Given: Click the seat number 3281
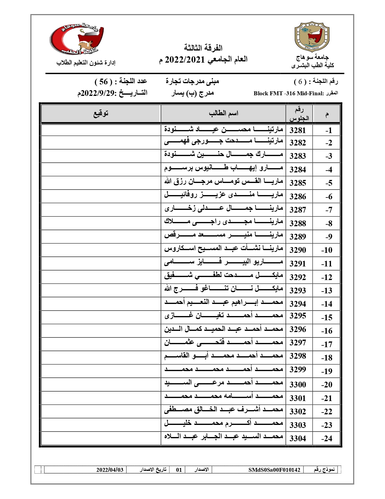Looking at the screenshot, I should click(x=297, y=130).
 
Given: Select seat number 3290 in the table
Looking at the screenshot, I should click(x=297, y=250).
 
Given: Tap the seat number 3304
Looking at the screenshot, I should click(x=297, y=439).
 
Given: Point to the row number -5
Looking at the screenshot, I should click(x=329, y=183).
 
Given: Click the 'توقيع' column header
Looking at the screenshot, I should click(x=101, y=113).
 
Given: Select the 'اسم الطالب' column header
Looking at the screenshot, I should click(x=223, y=113).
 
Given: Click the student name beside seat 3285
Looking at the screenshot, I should click(x=223, y=182).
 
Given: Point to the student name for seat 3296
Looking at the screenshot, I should click(x=223, y=329).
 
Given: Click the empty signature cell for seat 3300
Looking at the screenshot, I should click(x=101, y=384).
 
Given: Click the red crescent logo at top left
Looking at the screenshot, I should click(x=77, y=41).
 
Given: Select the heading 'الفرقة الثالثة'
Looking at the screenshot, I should click(x=203, y=48).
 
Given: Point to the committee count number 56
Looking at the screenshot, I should click(x=103, y=81).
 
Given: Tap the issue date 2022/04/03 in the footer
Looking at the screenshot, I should click(x=110, y=470).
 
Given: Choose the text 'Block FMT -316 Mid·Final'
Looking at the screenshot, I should click(x=288, y=93).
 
